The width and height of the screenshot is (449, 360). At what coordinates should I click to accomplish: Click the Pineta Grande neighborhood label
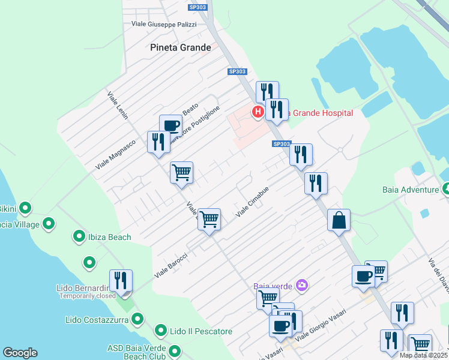click(x=180, y=47)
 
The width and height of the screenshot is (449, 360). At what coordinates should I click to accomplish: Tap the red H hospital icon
click(x=258, y=111)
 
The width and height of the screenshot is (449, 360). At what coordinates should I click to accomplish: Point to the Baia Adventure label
click(x=411, y=190)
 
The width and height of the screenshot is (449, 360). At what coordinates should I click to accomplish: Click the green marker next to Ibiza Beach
click(x=79, y=236)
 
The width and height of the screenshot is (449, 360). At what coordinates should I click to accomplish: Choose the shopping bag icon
click(x=339, y=220)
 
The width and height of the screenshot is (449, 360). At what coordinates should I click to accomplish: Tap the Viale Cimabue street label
click(x=252, y=201)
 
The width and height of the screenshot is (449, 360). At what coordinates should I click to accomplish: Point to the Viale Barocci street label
click(x=171, y=265)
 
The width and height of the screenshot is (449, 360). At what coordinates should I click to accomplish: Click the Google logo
click(x=20, y=353)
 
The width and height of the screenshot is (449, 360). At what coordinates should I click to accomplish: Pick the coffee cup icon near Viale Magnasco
click(x=170, y=125)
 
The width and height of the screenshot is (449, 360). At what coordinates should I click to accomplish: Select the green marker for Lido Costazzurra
click(x=138, y=319)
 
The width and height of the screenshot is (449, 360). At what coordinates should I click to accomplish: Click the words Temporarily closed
click(x=88, y=296)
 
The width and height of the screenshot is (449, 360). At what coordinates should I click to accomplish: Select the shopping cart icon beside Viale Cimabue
click(x=209, y=219)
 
